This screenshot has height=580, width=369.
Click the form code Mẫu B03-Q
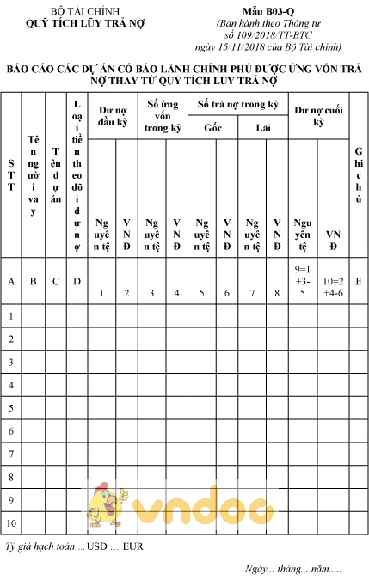268,11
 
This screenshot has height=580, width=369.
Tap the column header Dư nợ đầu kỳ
113,115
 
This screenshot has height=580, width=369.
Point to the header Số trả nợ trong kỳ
237,104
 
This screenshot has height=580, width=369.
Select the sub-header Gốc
212,127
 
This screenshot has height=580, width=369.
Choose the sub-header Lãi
262,127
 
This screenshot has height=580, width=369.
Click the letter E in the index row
358,280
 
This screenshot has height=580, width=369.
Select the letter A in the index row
10,280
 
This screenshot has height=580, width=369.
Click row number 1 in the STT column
10,316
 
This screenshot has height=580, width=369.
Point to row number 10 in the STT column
10,522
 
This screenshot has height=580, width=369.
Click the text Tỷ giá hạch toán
40,546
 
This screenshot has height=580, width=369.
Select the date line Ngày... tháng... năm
292,568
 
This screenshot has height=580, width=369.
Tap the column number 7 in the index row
252,293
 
